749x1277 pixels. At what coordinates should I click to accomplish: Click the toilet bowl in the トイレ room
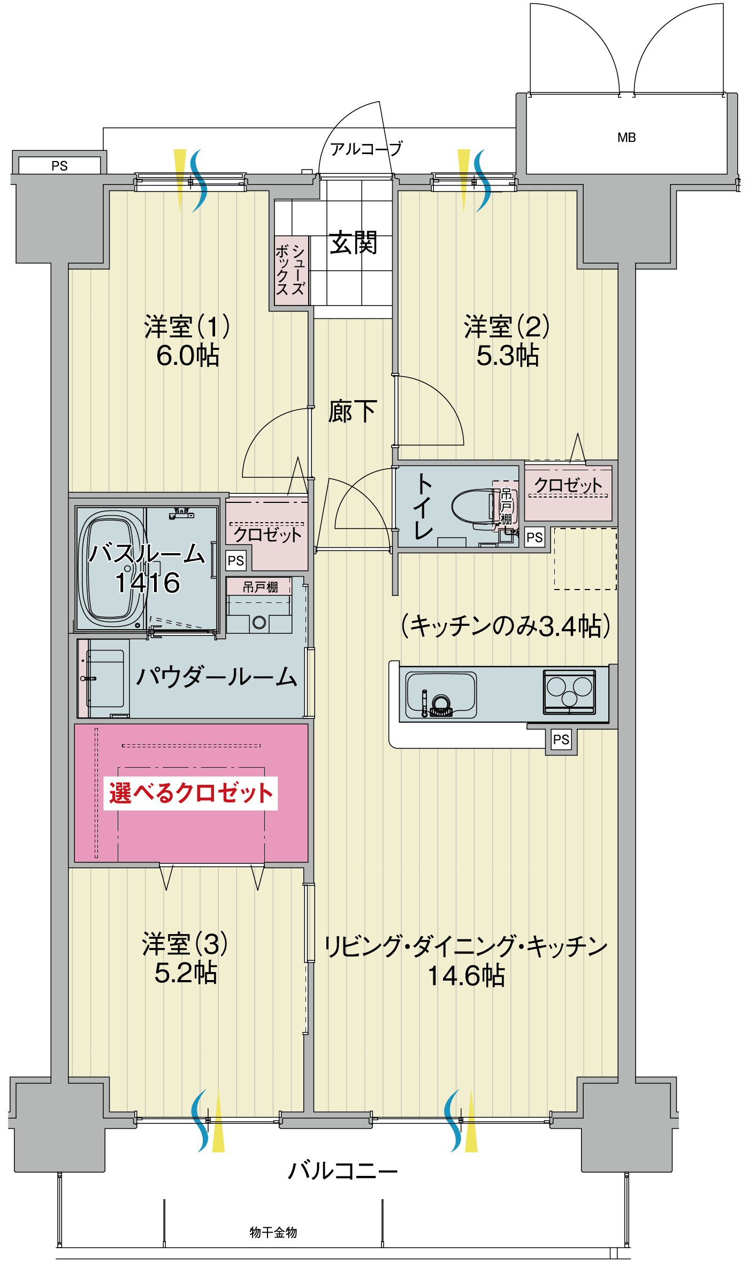point(473,506)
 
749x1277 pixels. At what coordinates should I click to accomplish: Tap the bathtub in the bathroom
point(112,569)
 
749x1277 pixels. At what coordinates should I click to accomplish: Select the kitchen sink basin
point(441,695)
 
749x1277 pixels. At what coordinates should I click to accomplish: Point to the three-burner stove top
point(569,692)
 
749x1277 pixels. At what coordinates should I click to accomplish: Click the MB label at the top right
point(626,137)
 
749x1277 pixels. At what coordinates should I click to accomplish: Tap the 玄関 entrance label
point(353,243)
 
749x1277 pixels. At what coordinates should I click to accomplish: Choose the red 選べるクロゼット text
point(191,793)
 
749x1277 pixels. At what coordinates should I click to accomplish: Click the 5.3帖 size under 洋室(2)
point(508,356)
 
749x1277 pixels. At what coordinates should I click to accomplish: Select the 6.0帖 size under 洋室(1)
point(188,356)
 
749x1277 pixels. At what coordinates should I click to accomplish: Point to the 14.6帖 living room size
point(466,975)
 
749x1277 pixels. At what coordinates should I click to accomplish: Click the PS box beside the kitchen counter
point(561,740)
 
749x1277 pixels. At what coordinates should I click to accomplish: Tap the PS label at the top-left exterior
point(59,166)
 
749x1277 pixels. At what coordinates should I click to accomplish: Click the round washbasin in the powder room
point(259,622)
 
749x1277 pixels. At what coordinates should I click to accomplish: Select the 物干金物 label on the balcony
point(273,1233)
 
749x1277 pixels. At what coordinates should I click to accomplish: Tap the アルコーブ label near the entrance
point(366,149)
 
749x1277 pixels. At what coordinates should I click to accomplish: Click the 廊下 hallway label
point(353,411)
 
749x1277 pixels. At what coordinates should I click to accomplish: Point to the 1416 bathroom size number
point(148,583)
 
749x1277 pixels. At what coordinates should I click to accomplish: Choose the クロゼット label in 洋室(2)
point(568,485)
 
